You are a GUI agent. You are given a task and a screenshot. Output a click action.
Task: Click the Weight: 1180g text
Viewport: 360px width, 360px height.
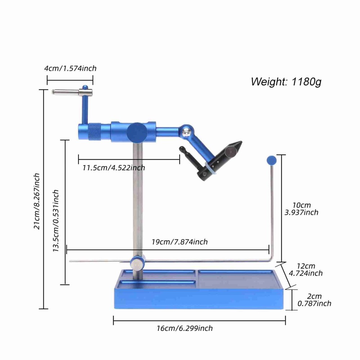286,82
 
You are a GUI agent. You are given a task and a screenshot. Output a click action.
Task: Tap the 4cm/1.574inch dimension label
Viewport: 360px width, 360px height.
70,68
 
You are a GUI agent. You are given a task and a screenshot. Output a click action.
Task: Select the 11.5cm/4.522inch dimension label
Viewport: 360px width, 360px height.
113,168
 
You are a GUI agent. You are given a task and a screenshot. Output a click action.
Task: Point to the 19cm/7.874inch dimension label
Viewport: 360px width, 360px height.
179,242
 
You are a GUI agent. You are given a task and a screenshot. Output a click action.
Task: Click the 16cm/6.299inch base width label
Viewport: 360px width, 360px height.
185,328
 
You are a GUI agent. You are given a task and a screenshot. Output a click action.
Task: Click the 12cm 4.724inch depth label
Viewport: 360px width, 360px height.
306,270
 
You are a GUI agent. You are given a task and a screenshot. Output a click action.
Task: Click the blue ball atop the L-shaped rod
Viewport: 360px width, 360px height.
271,160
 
